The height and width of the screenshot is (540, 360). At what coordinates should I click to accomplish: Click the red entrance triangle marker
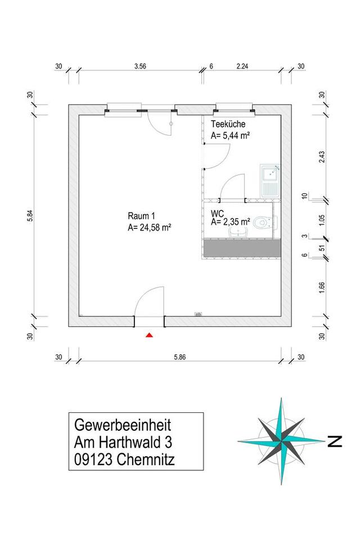(149, 335)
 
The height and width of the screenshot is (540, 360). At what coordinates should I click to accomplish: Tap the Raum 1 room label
(141, 216)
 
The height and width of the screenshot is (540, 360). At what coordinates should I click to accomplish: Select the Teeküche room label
(228, 125)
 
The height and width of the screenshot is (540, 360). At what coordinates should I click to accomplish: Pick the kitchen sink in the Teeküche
(270, 181)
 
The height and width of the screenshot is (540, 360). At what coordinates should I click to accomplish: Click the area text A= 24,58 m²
(149, 227)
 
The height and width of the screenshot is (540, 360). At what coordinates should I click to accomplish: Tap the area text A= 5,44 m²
(230, 136)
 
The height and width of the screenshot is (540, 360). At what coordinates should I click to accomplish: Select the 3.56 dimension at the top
(140, 66)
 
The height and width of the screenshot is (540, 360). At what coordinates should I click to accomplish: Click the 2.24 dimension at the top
(242, 66)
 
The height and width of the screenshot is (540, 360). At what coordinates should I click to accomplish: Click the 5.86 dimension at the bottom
(179, 357)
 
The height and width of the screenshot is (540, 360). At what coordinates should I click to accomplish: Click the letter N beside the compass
(335, 442)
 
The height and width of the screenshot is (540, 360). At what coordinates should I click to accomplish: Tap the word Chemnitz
(147, 460)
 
